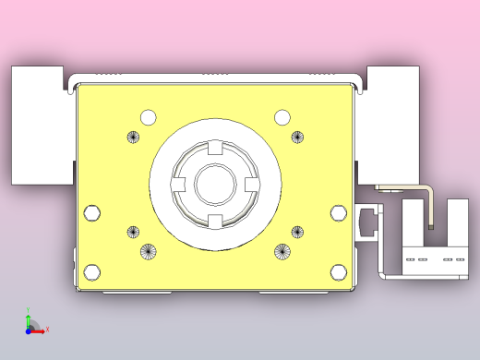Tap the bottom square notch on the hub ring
tap(214, 220)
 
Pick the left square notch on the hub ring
tap(177, 184)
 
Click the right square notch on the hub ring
tap(250, 184)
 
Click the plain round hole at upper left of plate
tap(149, 117)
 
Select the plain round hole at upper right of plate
tap(282, 117)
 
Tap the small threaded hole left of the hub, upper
tap(133, 138)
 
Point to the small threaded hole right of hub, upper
tap(297, 138)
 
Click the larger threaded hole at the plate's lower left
tap(149, 251)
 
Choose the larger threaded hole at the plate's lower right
tap(282, 251)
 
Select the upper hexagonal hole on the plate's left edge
tap(91, 213)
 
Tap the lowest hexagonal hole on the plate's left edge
tap(91, 272)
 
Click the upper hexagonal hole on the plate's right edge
tap(339, 213)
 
